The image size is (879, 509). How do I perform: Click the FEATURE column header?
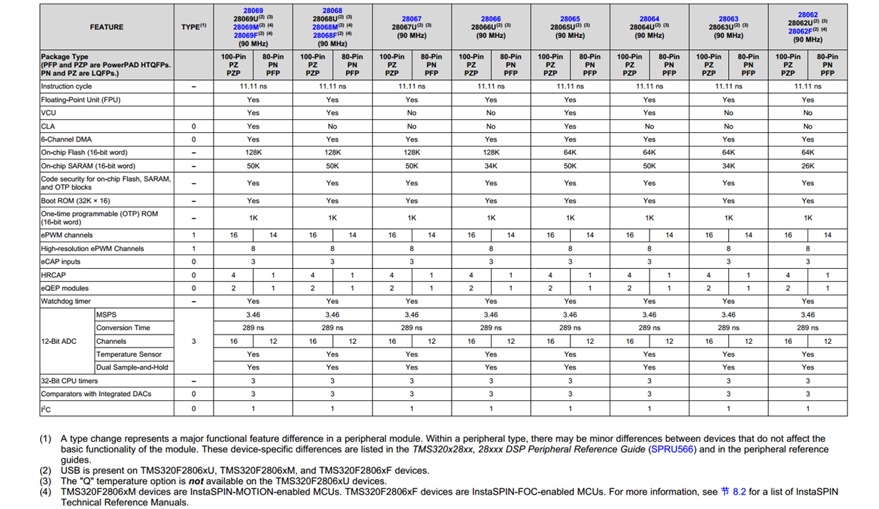coord(106,27)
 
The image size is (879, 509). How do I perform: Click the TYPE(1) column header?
coord(194,27)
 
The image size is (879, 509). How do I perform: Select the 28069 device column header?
coord(253,27)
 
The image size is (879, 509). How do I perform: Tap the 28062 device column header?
coord(808,27)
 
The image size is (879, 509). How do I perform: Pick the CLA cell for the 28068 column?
coord(332,126)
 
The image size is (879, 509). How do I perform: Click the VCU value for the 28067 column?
coord(412,113)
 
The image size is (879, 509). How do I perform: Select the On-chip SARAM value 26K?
coord(808,166)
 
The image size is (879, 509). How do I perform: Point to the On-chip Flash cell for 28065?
coord(570,152)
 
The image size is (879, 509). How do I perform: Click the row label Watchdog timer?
coord(66,302)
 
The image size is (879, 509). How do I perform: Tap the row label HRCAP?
coord(53,275)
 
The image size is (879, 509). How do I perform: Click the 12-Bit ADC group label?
coord(59,342)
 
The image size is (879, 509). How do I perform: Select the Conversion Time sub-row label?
coord(124,328)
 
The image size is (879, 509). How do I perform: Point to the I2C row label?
coord(46,409)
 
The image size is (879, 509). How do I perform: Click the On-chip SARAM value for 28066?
coord(491,166)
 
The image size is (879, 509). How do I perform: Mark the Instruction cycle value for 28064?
coord(649,87)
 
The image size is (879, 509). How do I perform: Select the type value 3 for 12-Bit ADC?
coord(194,342)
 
